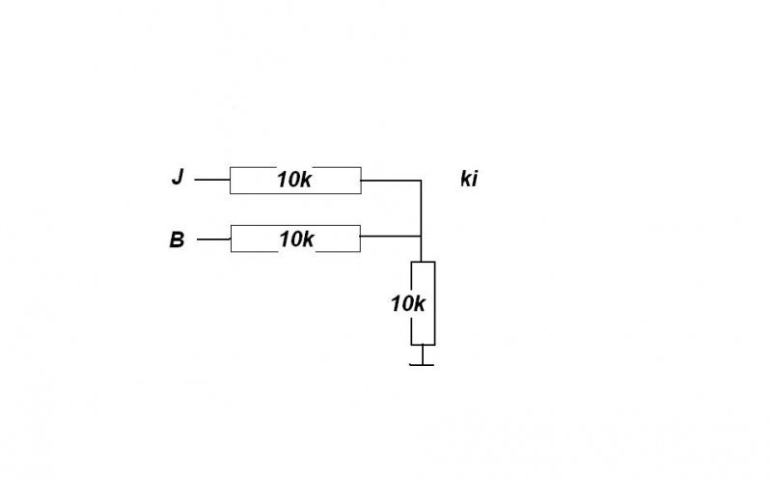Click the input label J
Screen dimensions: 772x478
177,179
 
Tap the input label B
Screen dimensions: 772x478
177,239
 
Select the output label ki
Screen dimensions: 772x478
468,180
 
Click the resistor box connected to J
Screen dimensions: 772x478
294,180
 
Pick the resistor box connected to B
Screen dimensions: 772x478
294,239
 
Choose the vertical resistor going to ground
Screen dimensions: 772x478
423,302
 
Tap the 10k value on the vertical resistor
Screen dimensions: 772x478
408,303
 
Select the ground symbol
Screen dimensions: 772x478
423,363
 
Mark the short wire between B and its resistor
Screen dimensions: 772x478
213,239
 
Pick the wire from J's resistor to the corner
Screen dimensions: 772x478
391,180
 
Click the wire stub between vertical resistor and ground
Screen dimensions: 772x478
423,353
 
